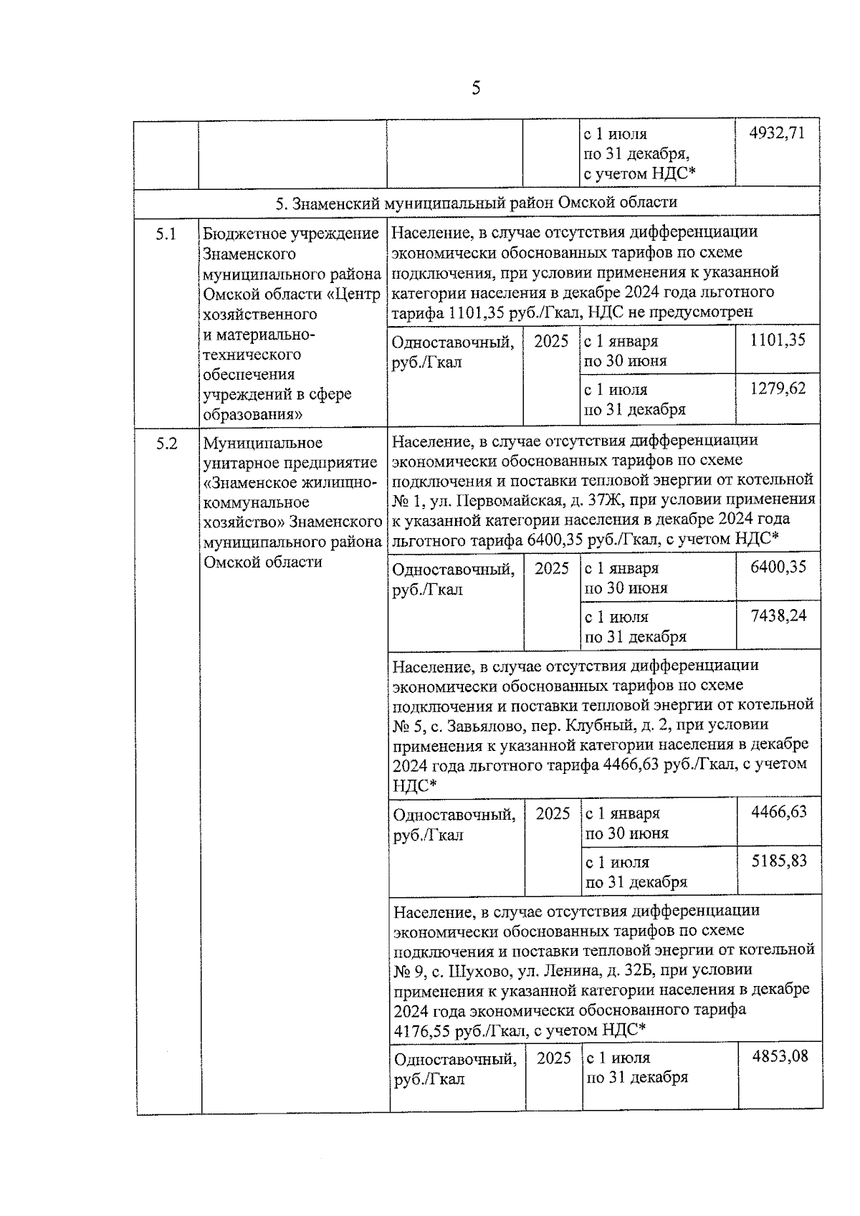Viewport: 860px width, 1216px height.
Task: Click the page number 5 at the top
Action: click(476, 88)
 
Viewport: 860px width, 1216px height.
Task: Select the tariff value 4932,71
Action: click(777, 133)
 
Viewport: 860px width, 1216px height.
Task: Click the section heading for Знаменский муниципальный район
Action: click(477, 202)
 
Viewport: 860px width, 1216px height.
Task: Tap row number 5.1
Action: click(166, 234)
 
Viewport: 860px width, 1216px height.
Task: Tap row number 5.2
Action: click(166, 444)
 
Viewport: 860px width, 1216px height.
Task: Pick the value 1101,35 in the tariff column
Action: click(778, 340)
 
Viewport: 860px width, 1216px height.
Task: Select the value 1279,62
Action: click(778, 388)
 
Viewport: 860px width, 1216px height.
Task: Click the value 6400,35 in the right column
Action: click(778, 567)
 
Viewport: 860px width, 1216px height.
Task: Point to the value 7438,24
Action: click(778, 616)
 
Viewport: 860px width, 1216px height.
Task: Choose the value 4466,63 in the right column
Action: click(778, 812)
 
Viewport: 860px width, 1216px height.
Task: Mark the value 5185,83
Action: click(778, 861)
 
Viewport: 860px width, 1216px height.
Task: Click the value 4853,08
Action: click(780, 1056)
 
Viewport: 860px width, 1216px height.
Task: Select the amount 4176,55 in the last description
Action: click(424, 1030)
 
